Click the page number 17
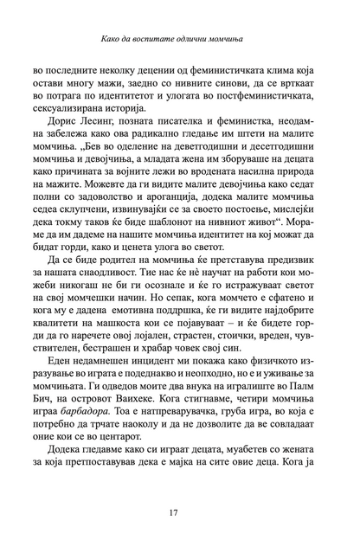click(x=180, y=518)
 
